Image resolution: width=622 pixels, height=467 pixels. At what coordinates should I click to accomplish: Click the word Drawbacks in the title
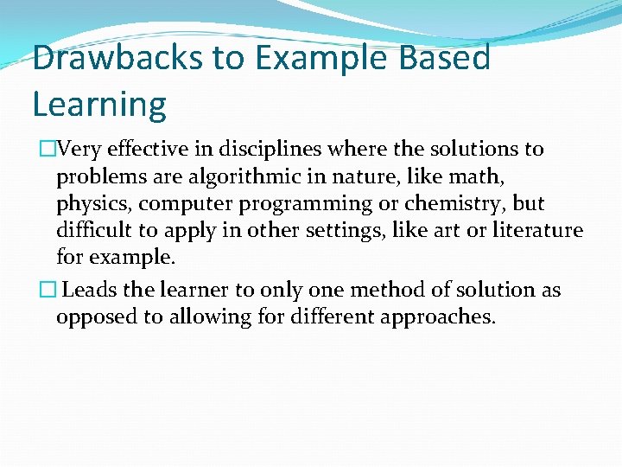(111, 59)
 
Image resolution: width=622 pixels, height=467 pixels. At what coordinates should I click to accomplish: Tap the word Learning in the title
(99, 104)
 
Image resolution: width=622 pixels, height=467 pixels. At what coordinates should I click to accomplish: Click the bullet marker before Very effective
(41, 150)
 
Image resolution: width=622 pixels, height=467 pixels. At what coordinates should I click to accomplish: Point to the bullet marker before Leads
(40, 290)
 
